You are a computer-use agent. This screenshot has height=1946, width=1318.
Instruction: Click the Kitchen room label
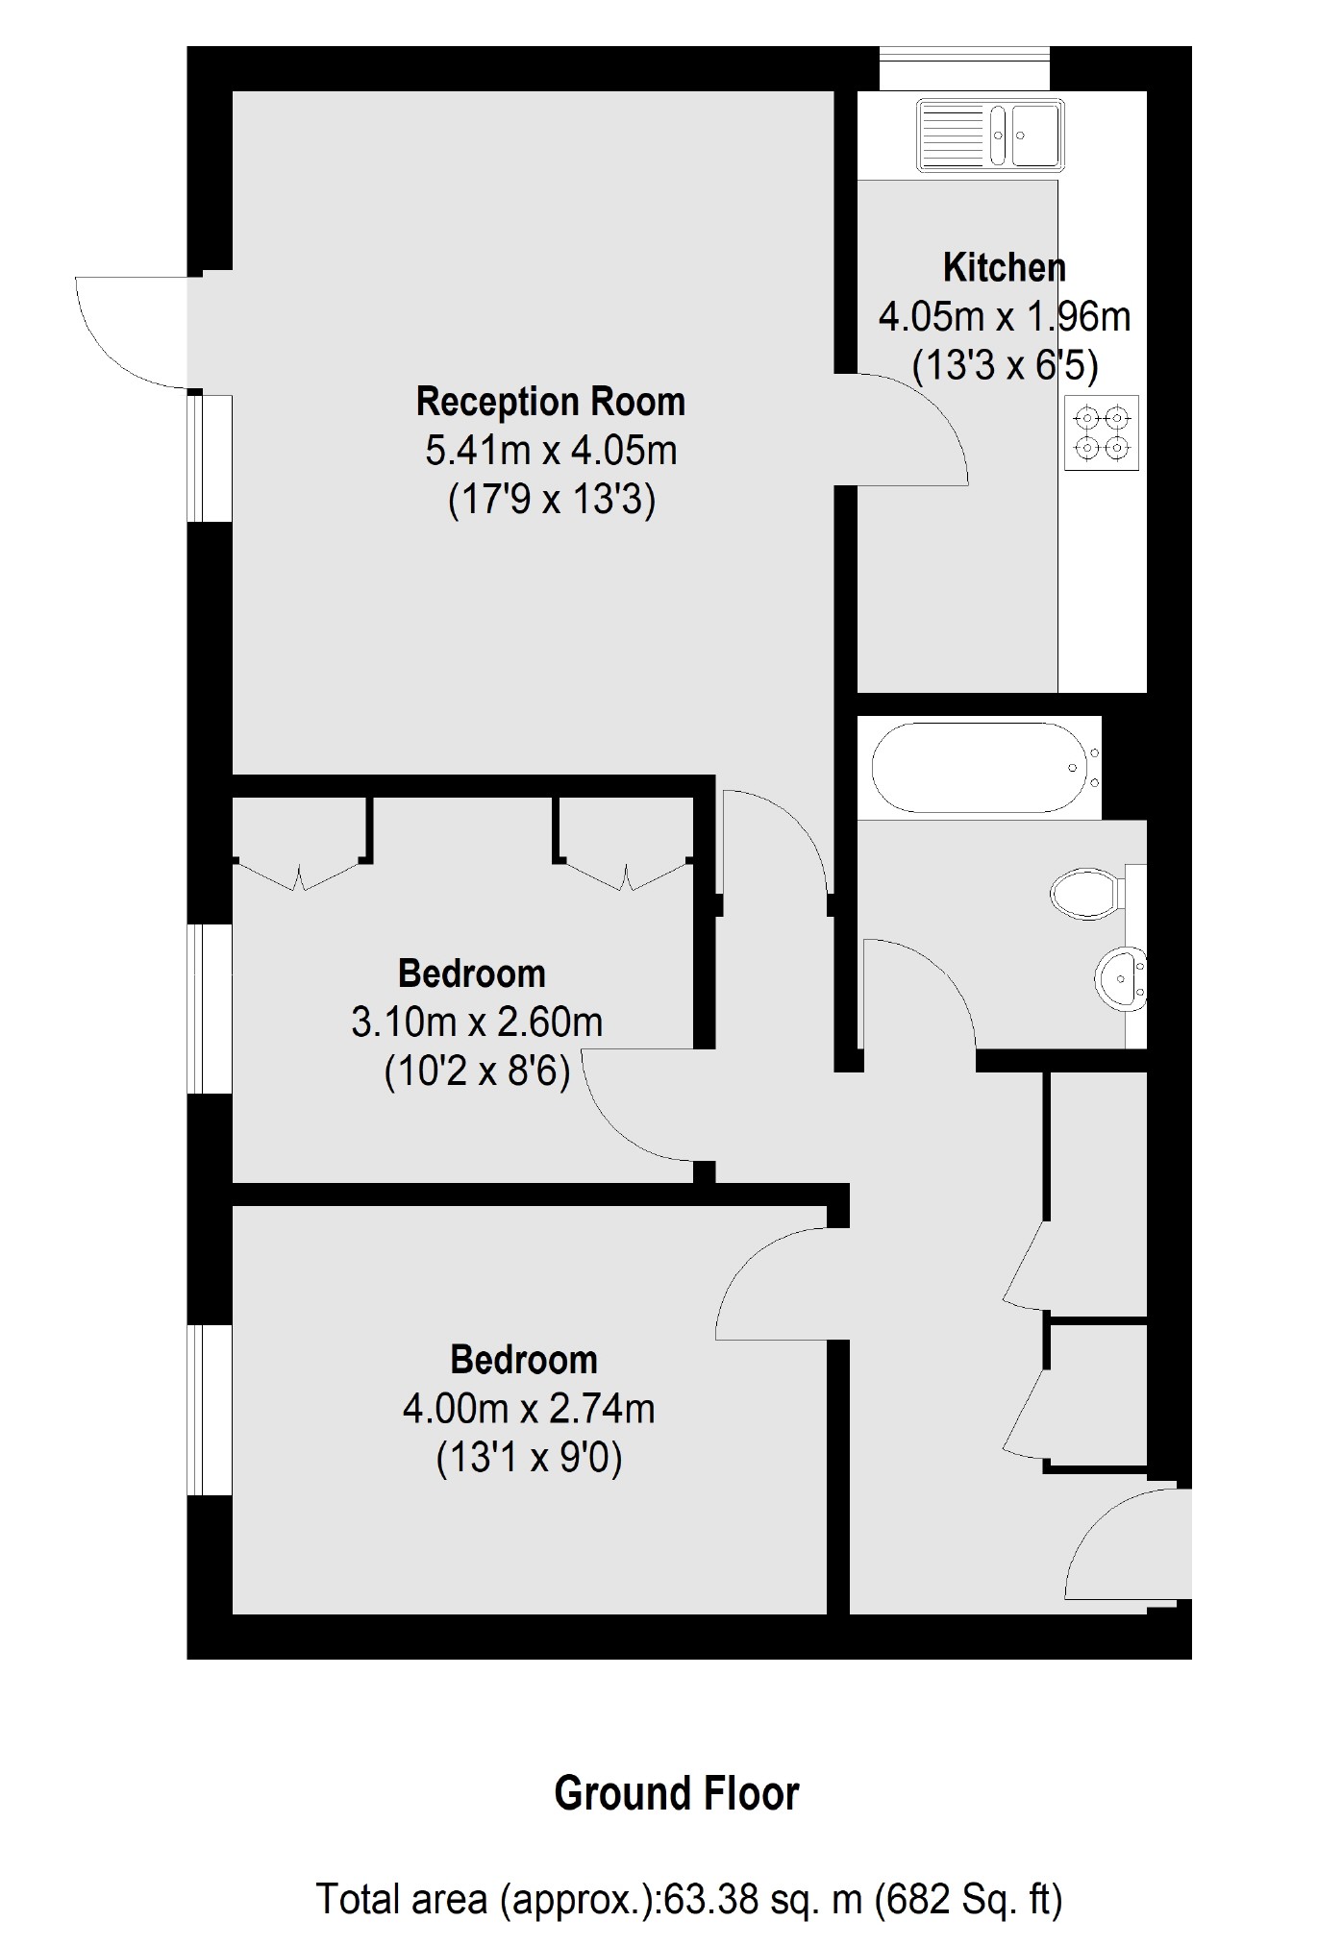(1004, 267)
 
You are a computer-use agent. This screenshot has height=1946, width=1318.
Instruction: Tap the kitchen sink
(988, 135)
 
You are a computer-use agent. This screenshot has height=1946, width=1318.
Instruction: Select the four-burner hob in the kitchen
(1102, 432)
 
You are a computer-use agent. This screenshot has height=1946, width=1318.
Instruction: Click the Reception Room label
(550, 402)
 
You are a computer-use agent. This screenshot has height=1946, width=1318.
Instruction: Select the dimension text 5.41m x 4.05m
(551, 451)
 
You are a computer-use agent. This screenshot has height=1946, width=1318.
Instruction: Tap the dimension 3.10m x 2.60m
(477, 1022)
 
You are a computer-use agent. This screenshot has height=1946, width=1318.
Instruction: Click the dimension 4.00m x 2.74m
(529, 1409)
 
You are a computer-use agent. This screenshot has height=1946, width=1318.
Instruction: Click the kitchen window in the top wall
(964, 68)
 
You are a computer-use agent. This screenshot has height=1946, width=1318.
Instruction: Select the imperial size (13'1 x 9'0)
(529, 1459)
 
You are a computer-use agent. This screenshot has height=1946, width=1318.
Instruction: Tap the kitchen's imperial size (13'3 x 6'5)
(1005, 365)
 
